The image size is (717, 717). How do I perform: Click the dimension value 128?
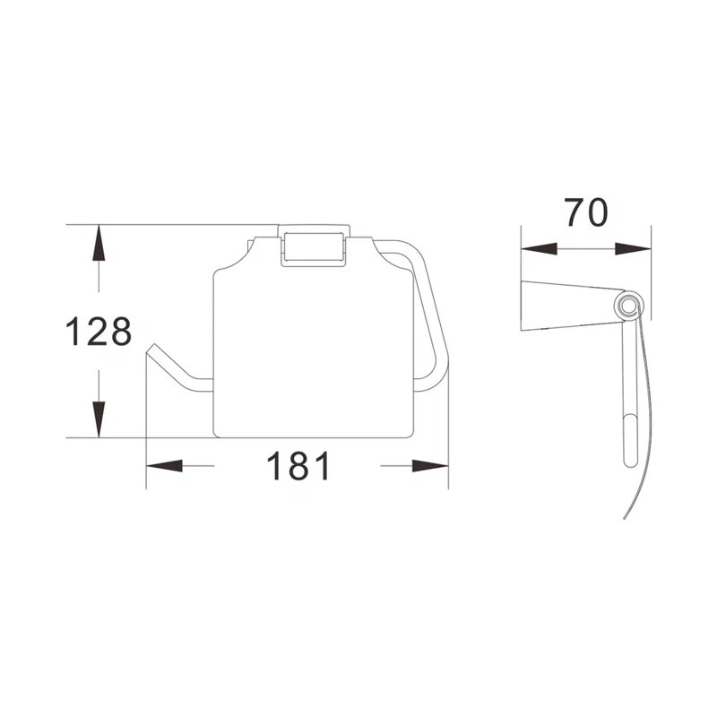coord(99,333)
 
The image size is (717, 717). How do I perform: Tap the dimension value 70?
coord(586,213)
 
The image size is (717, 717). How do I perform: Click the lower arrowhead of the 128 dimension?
coord(99,421)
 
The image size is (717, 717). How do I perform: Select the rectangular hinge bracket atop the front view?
coord(313,245)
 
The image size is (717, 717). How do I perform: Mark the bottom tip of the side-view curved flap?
coord(625,520)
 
